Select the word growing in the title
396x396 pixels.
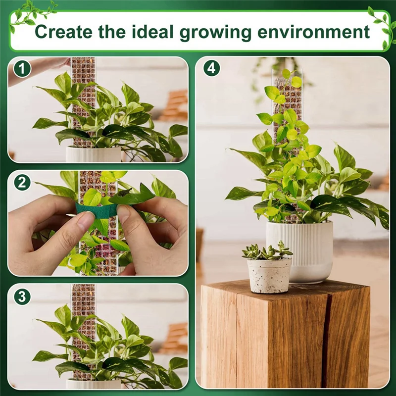click(x=221, y=32)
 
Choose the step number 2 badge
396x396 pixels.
click(x=21, y=183)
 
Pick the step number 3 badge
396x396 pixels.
click(x=21, y=297)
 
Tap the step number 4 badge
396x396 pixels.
click(x=211, y=68)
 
